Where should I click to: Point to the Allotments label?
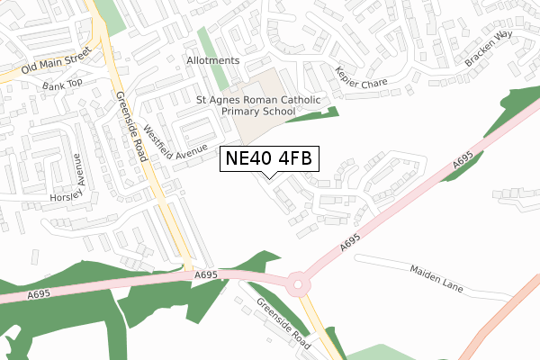(213, 60)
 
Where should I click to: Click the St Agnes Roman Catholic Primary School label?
(246, 105)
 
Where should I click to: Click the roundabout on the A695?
(299, 284)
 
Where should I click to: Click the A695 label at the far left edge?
(39, 293)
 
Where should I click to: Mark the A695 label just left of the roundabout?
(206, 274)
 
